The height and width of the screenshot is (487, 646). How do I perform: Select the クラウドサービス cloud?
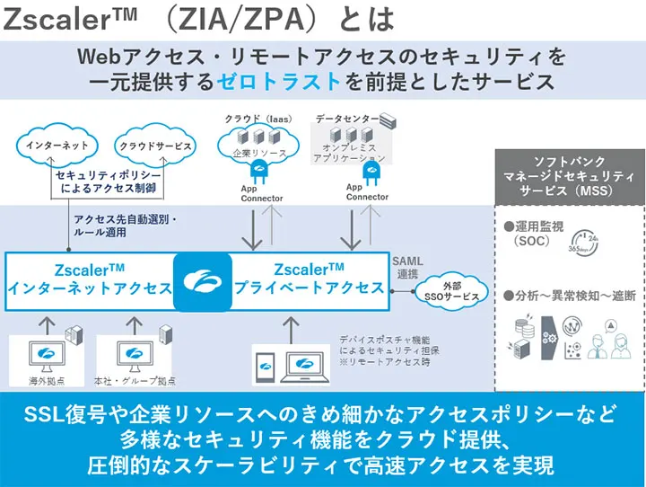point(156,145)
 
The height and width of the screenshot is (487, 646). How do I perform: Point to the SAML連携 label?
point(406,267)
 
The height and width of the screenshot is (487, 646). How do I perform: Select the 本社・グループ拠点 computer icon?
point(127,354)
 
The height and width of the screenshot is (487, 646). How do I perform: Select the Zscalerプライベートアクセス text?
point(310,279)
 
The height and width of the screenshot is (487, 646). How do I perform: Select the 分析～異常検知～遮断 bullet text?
point(569,294)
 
